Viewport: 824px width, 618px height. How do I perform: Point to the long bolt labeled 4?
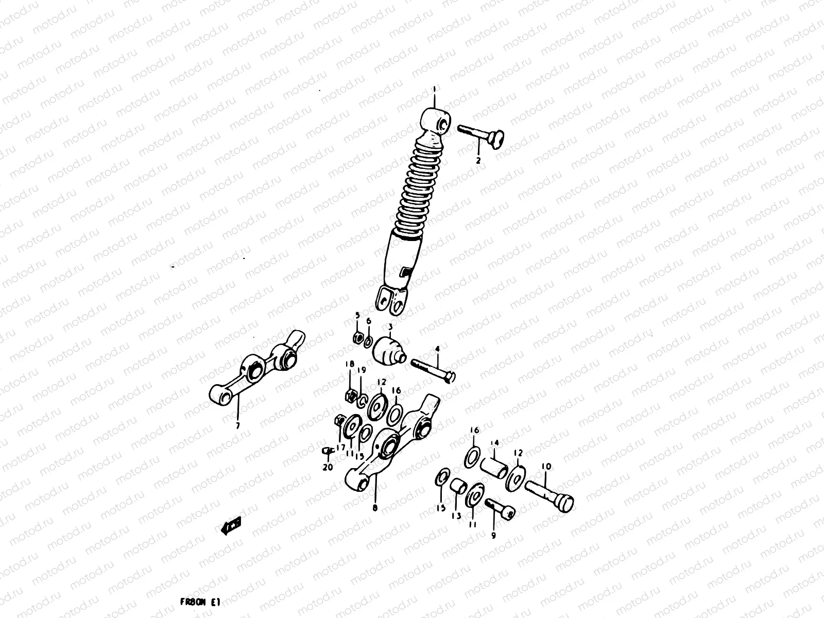click(433, 370)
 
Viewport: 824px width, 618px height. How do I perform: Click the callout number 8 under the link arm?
click(374, 508)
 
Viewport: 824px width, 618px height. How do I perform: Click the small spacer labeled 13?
click(458, 487)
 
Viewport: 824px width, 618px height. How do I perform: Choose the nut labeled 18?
click(351, 396)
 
